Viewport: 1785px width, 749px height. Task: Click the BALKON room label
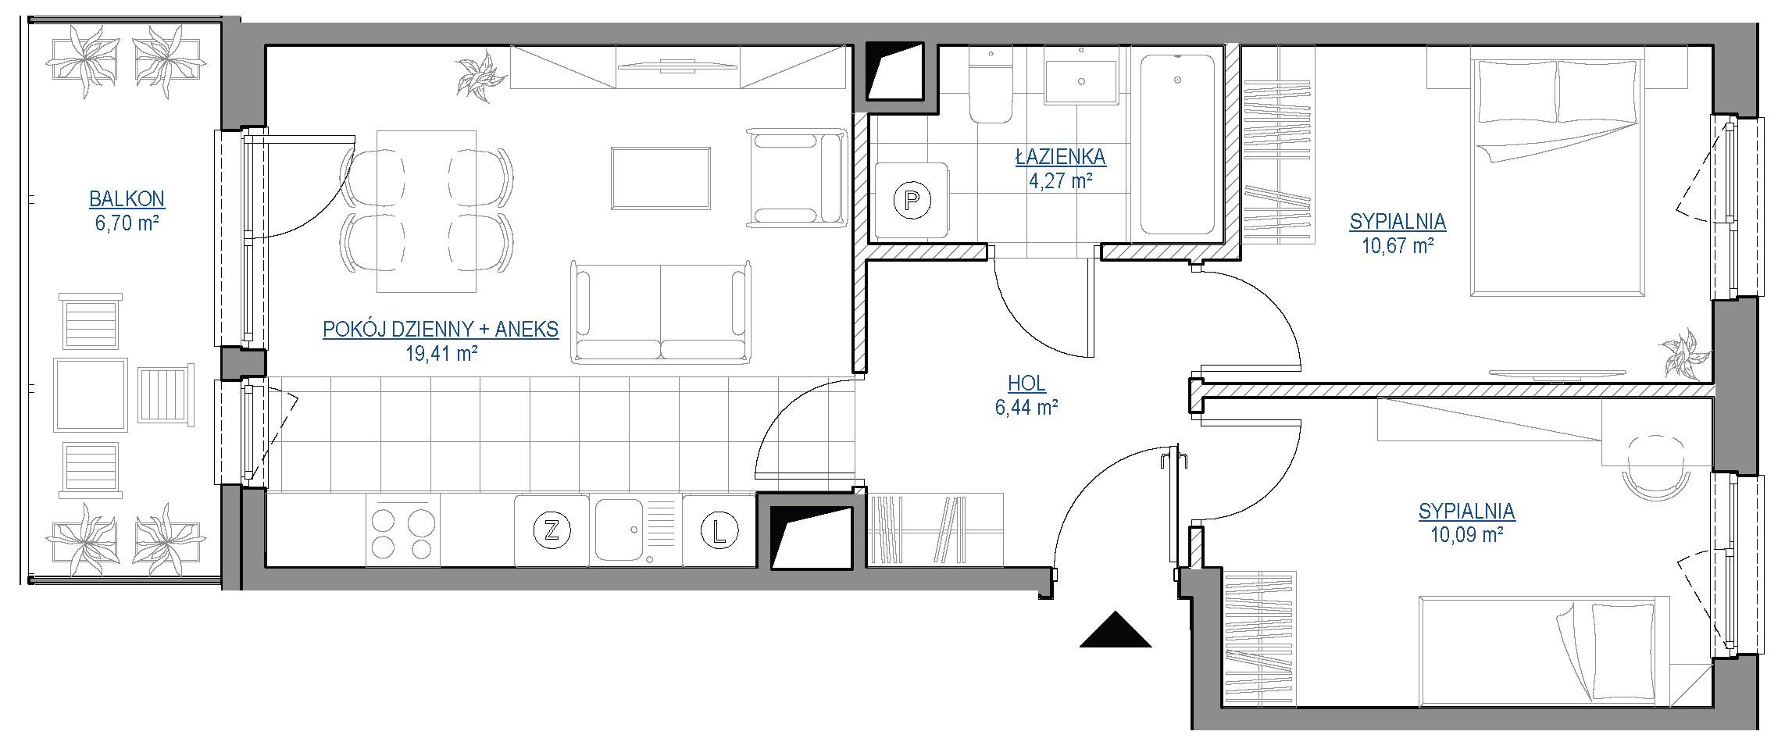[x=127, y=199]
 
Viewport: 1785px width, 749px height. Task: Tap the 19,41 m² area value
[x=441, y=354]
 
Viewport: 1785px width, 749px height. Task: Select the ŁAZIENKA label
[x=1060, y=157]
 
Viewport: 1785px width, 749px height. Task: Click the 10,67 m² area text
[x=1398, y=247]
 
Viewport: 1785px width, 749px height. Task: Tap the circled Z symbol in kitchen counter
[x=552, y=531]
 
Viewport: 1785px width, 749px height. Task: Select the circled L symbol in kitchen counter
[x=719, y=532]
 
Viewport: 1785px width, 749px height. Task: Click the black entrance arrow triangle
[x=1116, y=631]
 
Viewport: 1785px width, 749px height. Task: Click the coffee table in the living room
[x=661, y=178]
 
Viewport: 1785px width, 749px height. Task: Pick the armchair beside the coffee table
[x=797, y=178]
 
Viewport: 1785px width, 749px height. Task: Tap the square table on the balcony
[x=90, y=395]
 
